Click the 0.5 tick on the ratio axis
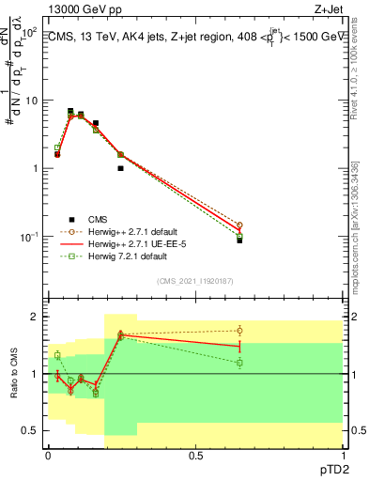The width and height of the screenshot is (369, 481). coord(30,430)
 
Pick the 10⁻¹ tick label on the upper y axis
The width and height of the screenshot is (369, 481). coord(28,236)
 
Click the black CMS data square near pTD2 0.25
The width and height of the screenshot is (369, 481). coord(121,168)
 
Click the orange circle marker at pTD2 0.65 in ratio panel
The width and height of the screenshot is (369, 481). coord(239,330)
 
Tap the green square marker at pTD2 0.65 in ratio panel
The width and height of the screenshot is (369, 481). coord(239,363)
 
